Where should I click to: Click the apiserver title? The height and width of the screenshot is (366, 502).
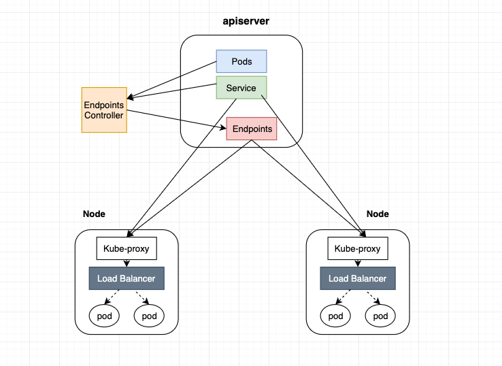[x=246, y=21]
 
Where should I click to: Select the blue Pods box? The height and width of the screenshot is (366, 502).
[x=241, y=61]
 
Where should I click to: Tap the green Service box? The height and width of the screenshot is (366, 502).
[x=241, y=87]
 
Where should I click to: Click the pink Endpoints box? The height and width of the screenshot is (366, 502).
[x=252, y=129]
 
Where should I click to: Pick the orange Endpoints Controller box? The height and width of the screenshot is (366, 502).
[x=104, y=110]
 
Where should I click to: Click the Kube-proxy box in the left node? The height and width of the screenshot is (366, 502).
[x=127, y=248]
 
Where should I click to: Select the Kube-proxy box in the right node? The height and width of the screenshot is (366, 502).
[x=358, y=248]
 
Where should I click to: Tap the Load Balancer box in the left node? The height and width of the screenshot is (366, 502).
[x=127, y=278]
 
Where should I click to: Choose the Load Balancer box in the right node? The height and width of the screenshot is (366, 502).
[x=358, y=278]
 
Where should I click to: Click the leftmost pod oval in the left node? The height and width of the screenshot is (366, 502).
[x=104, y=316]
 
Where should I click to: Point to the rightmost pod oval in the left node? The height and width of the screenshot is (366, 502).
[x=149, y=316]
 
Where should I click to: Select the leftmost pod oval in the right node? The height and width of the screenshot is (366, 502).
[x=335, y=316]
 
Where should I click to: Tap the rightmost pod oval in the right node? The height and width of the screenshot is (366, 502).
[x=380, y=316]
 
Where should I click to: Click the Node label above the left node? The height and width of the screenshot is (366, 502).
[x=94, y=214]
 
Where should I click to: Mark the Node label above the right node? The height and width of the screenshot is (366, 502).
[x=378, y=214]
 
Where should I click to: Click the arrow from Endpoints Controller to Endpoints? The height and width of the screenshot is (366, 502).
[x=176, y=120]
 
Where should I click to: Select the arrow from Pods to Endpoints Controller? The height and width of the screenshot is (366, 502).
[x=171, y=80]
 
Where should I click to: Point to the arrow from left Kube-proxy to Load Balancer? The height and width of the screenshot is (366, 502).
[x=127, y=263]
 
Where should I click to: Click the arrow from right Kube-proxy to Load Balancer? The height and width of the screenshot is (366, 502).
[x=358, y=263]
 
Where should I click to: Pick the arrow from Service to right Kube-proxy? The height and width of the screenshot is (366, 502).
[x=314, y=165]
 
